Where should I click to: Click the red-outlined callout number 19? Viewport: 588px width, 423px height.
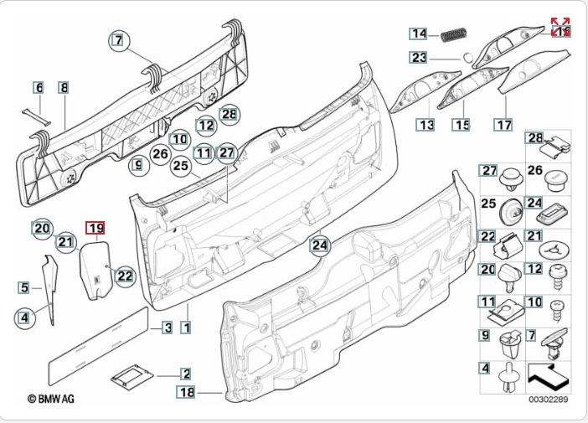click(95, 227)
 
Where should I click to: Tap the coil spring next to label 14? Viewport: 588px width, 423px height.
click(452, 35)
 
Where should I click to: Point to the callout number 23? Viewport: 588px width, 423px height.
click(419, 58)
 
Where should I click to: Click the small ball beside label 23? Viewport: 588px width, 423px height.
click(467, 59)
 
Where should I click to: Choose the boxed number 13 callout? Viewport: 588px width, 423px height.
click(427, 126)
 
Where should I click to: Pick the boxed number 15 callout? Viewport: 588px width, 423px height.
click(462, 126)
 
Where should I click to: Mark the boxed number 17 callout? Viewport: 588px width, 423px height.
click(503, 126)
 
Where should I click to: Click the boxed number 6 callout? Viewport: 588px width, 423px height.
click(38, 87)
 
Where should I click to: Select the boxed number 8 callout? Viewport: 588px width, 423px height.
click(64, 87)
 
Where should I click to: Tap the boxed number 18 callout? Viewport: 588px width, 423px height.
click(186, 391)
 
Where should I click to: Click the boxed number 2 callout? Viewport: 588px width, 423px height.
click(186, 374)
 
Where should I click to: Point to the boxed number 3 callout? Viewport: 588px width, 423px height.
click(167, 328)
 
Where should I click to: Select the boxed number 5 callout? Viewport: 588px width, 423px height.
click(25, 288)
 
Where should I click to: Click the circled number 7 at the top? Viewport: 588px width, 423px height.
click(120, 39)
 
